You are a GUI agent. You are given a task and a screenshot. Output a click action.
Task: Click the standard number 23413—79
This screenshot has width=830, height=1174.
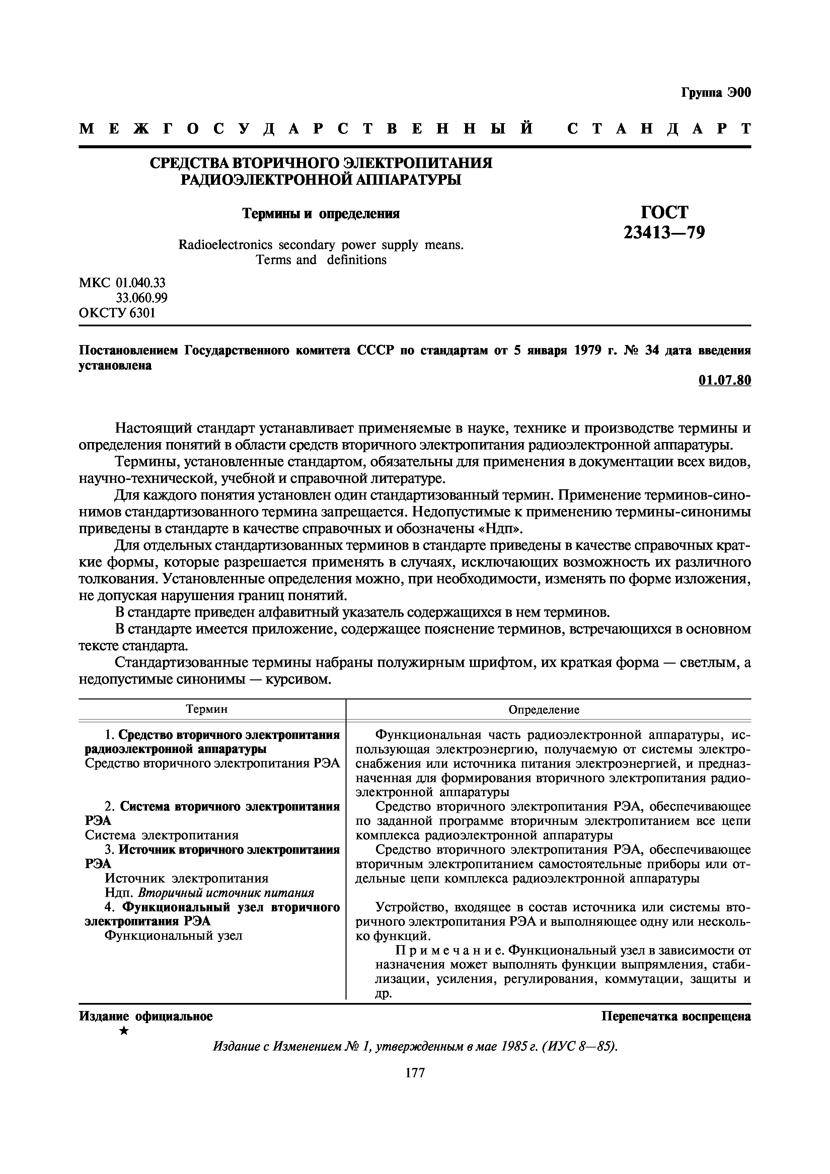pyautogui.click(x=664, y=233)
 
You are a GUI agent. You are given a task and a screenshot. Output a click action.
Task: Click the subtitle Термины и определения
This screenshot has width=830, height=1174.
pyautogui.click(x=321, y=214)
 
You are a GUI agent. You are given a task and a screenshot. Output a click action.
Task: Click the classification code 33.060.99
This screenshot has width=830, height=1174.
pyautogui.click(x=142, y=298)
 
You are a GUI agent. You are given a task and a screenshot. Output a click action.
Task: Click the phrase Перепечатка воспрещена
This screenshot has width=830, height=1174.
pyautogui.click(x=676, y=1016)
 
